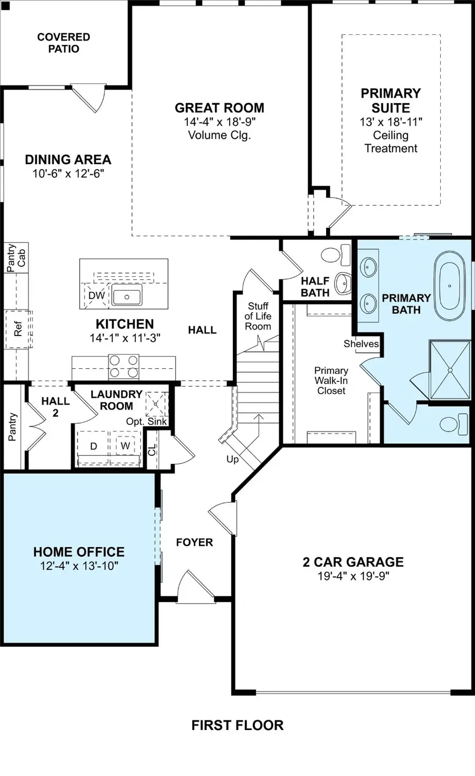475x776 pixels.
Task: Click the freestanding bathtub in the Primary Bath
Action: [450, 286]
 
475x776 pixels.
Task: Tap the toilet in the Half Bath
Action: [336, 254]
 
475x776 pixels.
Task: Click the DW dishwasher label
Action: [97, 295]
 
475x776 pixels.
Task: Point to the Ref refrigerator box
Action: [18, 329]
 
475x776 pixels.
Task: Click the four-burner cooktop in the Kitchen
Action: [123, 367]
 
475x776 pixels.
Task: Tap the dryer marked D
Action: [93, 446]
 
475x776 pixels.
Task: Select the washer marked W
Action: [125, 445]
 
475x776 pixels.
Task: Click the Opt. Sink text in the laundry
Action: [146, 422]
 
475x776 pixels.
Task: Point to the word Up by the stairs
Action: [233, 460]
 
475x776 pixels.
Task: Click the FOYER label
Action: [194, 542]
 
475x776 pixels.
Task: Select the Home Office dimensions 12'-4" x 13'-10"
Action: [79, 566]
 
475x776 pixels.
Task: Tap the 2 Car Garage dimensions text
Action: [354, 576]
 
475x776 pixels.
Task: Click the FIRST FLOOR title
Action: [237, 725]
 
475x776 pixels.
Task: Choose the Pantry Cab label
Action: [16, 258]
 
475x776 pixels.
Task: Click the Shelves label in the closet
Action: [361, 344]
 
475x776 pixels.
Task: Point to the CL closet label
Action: [152, 450]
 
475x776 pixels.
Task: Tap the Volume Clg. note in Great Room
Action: [219, 135]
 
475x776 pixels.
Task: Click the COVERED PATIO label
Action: [64, 43]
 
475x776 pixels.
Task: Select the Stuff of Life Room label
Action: [258, 316]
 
